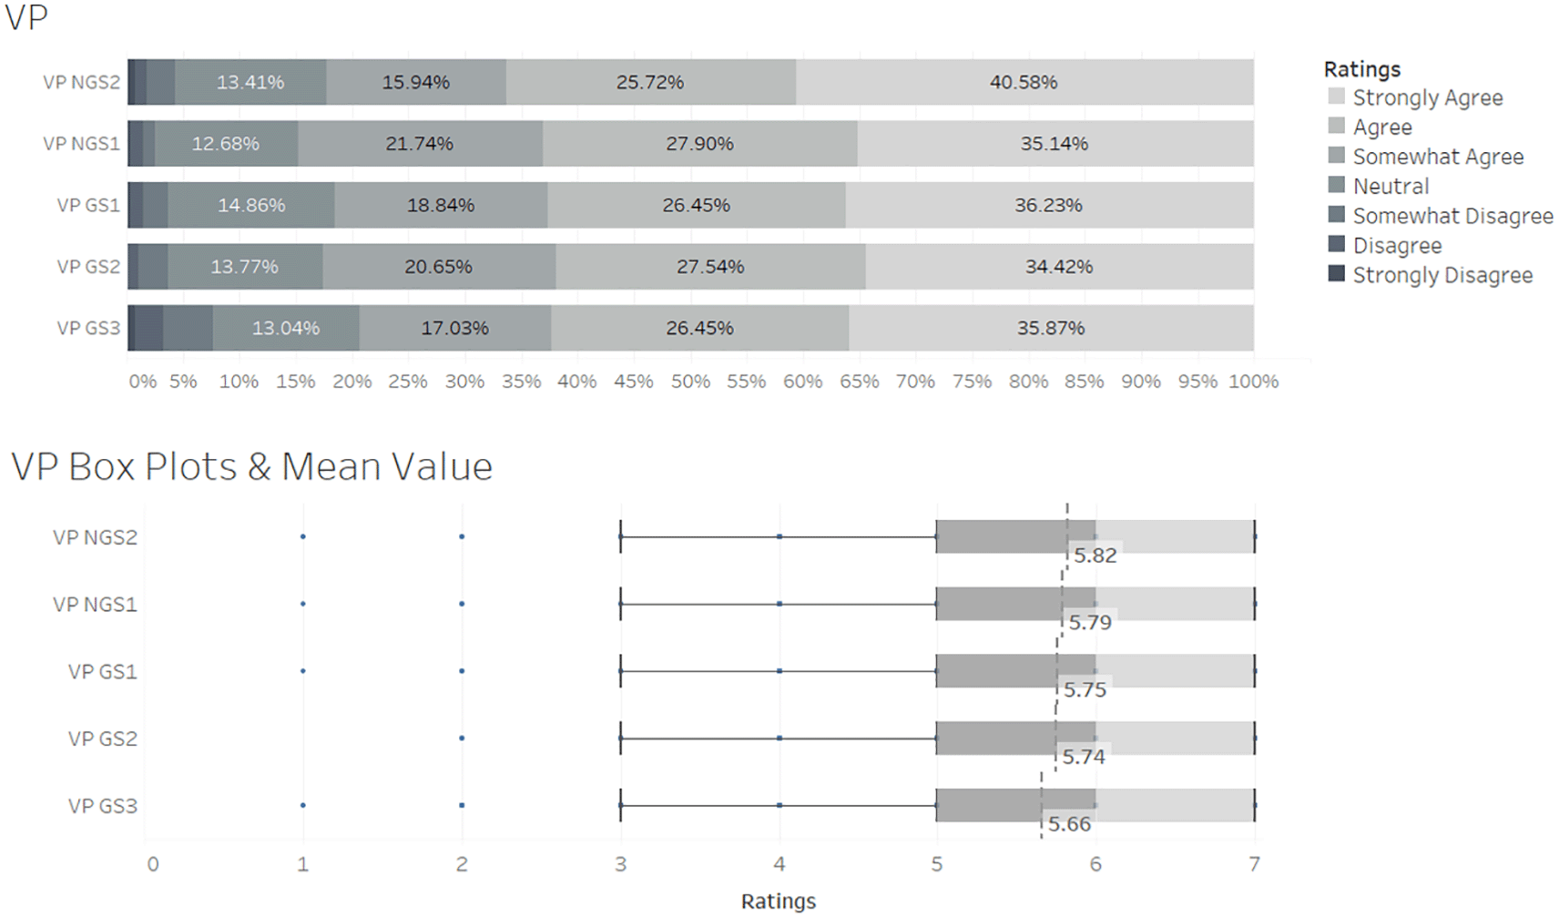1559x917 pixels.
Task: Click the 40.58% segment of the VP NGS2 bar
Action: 1024,82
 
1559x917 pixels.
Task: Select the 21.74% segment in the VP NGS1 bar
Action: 419,144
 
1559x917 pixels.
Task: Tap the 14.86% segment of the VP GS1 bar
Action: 251,206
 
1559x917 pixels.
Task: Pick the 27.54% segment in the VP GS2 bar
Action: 710,267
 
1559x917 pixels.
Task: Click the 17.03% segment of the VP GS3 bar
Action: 454,328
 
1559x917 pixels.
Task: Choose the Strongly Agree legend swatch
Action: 1336,97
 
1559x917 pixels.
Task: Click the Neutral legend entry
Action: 1391,186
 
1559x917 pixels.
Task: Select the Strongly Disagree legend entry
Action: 1442,275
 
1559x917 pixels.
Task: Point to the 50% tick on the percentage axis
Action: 690,382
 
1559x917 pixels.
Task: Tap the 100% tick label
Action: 1253,382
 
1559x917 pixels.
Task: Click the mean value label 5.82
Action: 1095,555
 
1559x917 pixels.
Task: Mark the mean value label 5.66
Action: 1069,824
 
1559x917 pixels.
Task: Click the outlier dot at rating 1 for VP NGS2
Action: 303,536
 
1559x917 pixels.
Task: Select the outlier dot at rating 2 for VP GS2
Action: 462,739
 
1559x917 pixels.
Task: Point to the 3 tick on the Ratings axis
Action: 620,864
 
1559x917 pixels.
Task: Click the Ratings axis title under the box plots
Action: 778,902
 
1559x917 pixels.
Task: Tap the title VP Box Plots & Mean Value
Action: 251,466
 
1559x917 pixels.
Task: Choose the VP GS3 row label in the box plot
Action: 102,806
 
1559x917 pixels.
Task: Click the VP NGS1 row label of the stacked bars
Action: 81,144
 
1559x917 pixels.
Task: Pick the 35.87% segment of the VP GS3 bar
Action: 1051,328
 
